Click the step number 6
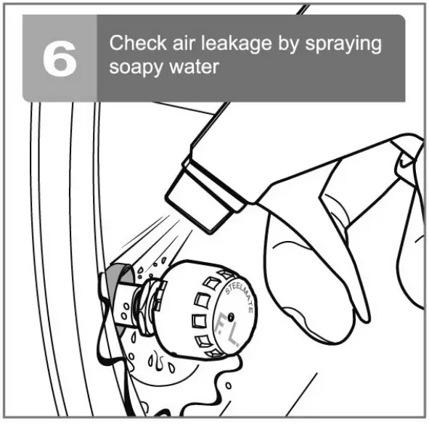[60, 59]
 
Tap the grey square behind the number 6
[60, 59]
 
